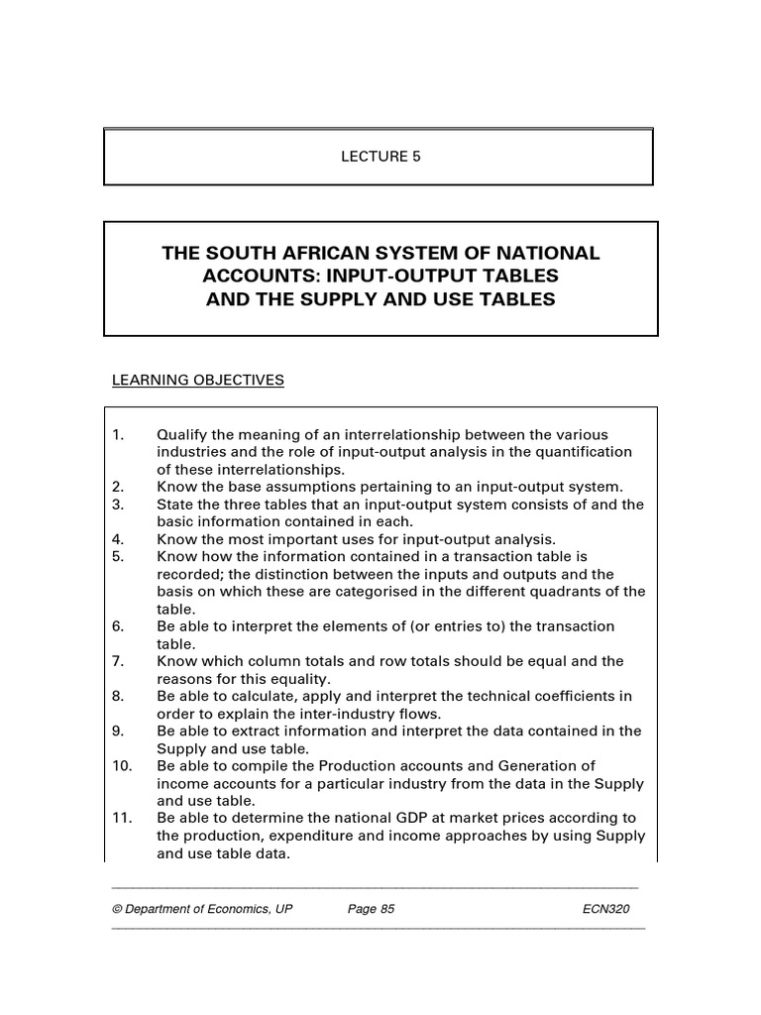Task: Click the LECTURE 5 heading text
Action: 380,157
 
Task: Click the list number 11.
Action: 120,818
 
